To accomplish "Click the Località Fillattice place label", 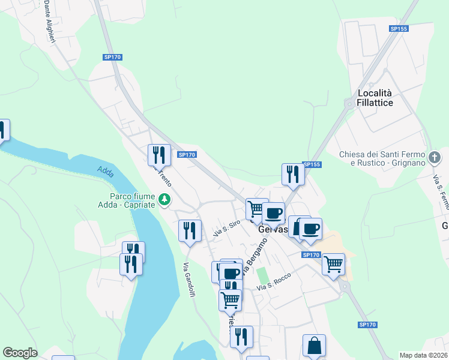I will coord(375,98).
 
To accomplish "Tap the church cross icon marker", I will coord(435,158).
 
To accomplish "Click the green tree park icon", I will coord(163,198).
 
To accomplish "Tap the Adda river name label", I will coord(106,171).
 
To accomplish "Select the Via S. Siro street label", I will coord(226,229).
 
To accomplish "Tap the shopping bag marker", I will coord(314,345).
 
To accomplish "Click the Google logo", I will coord(20,353).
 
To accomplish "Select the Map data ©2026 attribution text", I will coord(423,355).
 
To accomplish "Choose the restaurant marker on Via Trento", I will coord(159,155).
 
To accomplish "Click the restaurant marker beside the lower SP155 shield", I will coord(293,174).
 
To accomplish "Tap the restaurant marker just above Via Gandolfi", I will coord(190,230).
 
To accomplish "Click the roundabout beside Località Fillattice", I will coord(348,104).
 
